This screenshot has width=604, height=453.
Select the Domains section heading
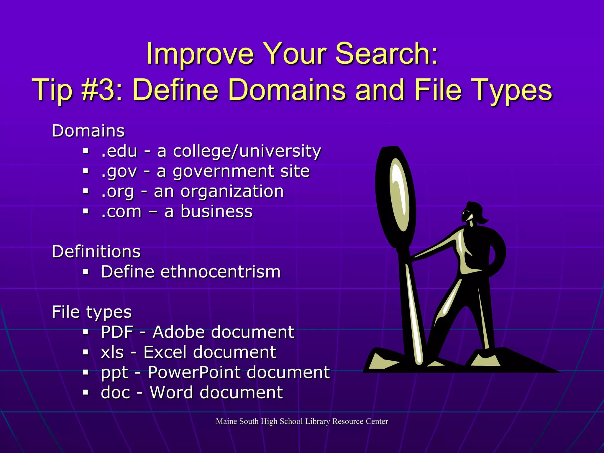[x=88, y=131]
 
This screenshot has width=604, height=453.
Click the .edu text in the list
[x=119, y=151]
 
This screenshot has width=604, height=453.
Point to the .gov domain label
[x=119, y=172]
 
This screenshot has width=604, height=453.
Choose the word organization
[x=232, y=192]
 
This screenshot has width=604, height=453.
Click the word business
[x=216, y=211]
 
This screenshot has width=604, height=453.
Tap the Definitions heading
[x=96, y=252]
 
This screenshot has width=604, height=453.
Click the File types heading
[x=92, y=312]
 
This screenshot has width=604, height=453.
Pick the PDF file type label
[x=117, y=332]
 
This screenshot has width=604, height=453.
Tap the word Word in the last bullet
[x=172, y=392]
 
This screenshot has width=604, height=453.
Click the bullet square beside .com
[x=86, y=211]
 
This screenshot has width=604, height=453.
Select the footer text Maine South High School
[x=259, y=421]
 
